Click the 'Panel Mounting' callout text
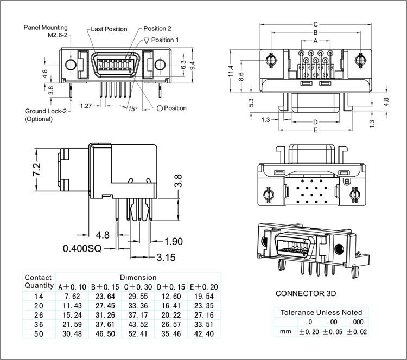(45, 27)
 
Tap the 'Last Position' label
(109, 29)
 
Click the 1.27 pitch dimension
(85, 105)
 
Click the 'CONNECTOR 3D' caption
(306, 293)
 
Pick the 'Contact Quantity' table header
(39, 281)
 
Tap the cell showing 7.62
(72, 296)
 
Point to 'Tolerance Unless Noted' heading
(321, 313)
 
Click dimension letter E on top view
(315, 131)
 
